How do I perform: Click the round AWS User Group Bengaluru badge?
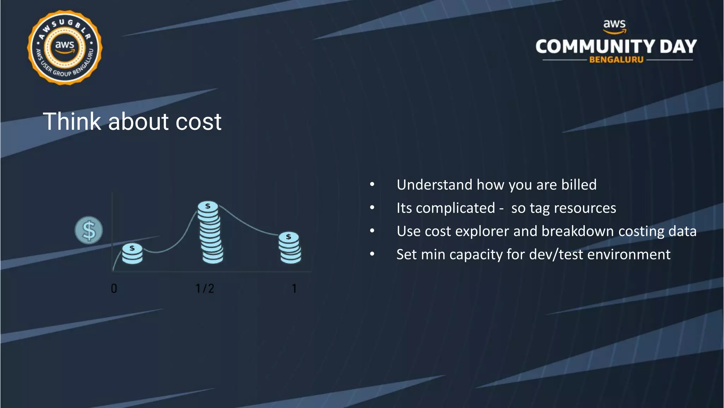(65, 47)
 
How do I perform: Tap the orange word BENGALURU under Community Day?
(616, 60)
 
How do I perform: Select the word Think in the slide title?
(72, 121)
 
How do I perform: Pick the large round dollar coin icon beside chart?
(89, 230)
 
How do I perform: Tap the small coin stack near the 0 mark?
(132, 254)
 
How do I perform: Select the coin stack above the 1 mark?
(290, 248)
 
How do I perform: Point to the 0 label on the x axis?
(114, 288)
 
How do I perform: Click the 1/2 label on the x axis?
(205, 288)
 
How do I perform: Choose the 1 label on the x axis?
(294, 288)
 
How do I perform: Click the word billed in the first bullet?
(579, 185)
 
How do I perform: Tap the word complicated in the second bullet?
(455, 208)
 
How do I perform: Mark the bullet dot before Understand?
(372, 185)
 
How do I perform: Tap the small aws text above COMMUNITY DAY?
(614, 24)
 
